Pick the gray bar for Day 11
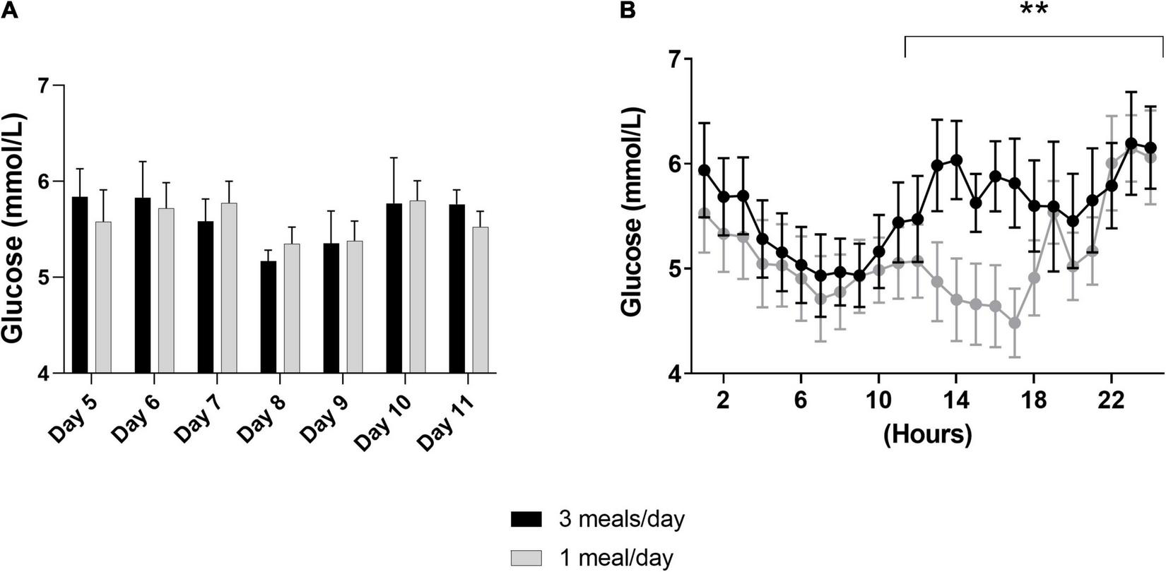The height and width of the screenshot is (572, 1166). pos(481,299)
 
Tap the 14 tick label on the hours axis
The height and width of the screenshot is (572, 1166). pos(955,396)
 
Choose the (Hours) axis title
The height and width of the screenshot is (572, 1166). pos(927,432)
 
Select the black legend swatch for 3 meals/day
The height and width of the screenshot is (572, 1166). pos(526,520)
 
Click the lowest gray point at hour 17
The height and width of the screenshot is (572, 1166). pos(1014,323)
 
